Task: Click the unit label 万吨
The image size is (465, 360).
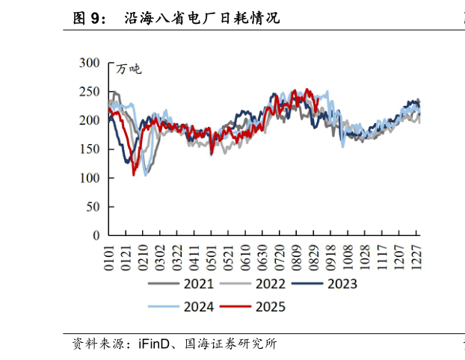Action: point(129,69)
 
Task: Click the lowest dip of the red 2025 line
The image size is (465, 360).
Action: point(134,175)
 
